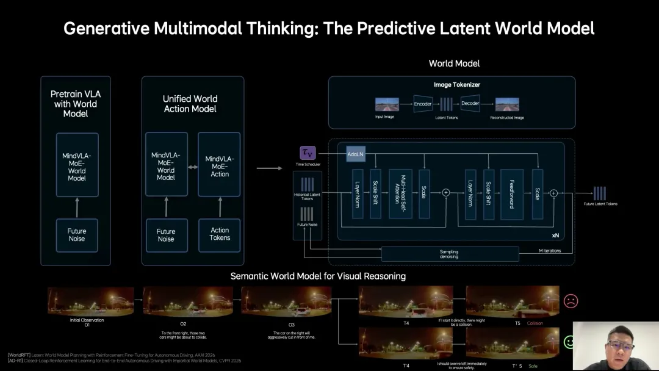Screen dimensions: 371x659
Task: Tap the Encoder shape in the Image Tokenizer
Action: click(x=423, y=104)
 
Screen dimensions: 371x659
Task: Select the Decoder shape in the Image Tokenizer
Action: click(x=470, y=104)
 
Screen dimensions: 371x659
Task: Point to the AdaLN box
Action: click(x=355, y=154)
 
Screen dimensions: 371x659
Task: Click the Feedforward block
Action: click(x=512, y=193)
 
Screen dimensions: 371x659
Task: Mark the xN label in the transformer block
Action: click(x=555, y=234)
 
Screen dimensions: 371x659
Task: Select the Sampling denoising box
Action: click(x=449, y=254)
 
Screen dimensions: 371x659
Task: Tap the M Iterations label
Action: click(x=549, y=251)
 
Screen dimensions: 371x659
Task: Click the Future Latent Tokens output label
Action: click(x=600, y=204)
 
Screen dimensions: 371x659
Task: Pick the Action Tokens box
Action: click(x=220, y=234)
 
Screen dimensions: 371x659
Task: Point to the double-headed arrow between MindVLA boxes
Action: click(x=193, y=166)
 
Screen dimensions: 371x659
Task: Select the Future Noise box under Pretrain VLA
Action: click(x=77, y=235)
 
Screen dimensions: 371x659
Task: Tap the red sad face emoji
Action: click(x=571, y=301)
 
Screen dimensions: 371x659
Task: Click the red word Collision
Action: click(x=535, y=323)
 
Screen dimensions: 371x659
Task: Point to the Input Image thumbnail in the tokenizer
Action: click(x=387, y=104)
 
